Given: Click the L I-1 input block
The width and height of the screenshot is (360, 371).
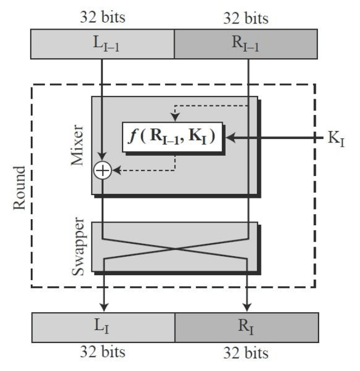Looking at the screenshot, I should (x=103, y=44).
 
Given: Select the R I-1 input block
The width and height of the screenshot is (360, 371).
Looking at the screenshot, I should (x=247, y=44).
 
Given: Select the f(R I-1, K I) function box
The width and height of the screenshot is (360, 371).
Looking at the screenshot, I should (x=172, y=136).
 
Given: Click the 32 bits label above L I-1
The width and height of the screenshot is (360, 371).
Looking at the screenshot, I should (x=102, y=17).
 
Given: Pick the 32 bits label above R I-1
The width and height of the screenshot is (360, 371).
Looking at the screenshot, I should (x=247, y=17).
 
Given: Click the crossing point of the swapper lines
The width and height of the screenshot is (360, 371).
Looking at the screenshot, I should (x=175, y=248).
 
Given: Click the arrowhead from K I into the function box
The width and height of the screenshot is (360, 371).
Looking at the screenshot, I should (x=230, y=137).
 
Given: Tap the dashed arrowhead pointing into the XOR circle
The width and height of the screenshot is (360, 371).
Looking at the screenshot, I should (x=115, y=170).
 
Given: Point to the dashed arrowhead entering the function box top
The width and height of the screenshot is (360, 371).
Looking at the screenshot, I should (x=175, y=118).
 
